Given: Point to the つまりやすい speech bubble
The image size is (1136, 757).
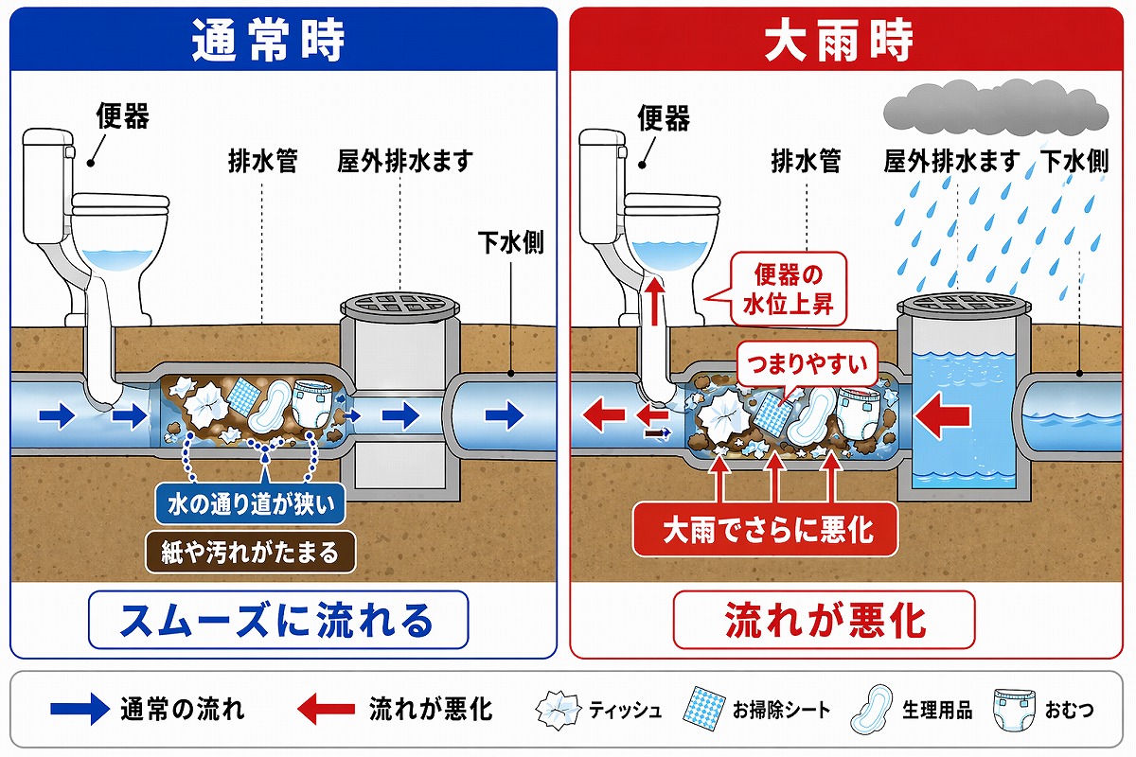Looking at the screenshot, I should (x=808, y=362).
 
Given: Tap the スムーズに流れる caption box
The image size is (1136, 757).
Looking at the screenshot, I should (x=277, y=620).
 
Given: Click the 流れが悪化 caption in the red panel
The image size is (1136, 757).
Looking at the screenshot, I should (x=824, y=620).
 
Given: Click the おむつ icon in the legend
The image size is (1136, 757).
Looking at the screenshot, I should (x=1011, y=707).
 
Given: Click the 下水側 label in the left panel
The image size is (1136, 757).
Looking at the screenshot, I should (x=511, y=244).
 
